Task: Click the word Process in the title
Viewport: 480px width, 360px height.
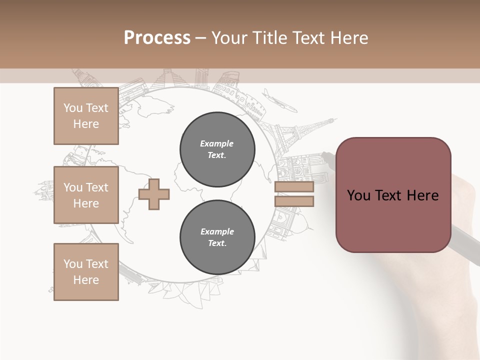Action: [157, 37]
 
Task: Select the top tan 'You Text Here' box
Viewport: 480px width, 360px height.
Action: [86, 116]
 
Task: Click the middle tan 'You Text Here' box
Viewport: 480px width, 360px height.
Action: [86, 195]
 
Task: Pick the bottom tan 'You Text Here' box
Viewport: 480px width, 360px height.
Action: [86, 272]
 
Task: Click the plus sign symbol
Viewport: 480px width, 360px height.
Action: [154, 194]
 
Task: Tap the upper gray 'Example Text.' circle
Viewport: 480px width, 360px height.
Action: [217, 149]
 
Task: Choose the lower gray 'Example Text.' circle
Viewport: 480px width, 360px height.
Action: [217, 237]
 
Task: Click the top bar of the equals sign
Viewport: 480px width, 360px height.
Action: [294, 187]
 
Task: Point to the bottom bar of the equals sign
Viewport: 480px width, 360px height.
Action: [294, 201]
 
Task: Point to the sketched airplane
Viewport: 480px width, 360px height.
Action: [278, 100]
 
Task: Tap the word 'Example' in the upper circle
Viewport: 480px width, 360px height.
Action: [216, 143]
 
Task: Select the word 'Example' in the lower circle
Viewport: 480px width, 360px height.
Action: [217, 231]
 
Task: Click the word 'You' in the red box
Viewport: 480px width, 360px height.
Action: [358, 195]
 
